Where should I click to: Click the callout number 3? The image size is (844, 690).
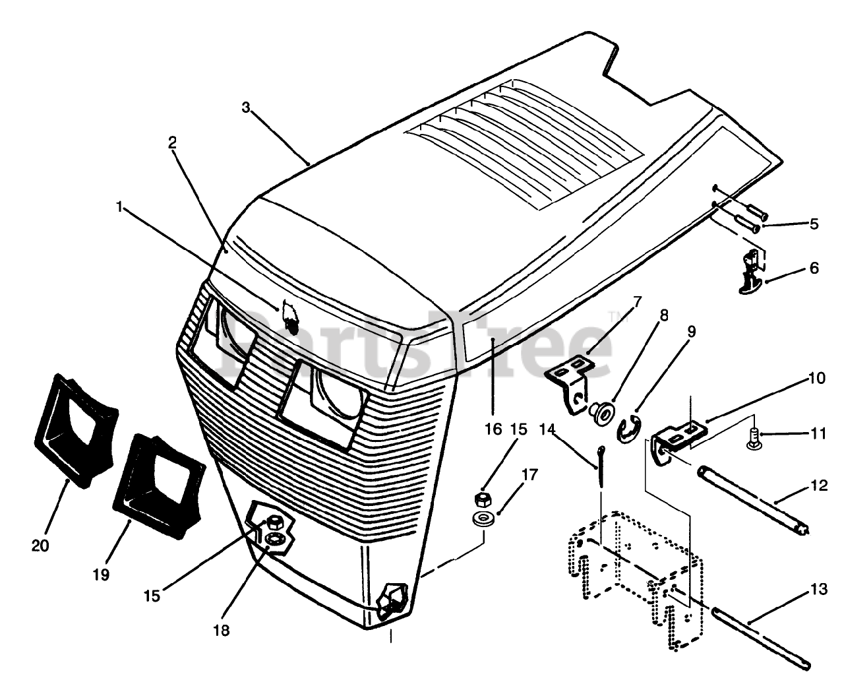tap(245, 108)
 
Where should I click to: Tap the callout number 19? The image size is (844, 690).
tap(100, 575)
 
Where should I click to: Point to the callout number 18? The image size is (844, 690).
tap(222, 630)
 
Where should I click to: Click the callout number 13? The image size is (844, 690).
tap(818, 590)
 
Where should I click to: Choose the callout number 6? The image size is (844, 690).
tap(814, 268)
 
